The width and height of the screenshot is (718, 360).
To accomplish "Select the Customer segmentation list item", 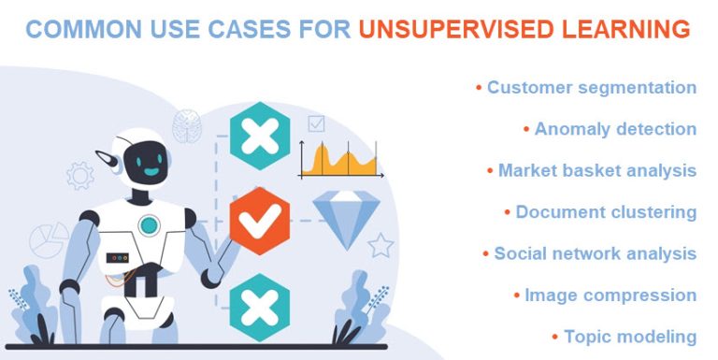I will [592, 87].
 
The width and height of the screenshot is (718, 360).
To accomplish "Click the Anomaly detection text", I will [615, 129].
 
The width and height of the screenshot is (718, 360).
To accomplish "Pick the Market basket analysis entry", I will [596, 170].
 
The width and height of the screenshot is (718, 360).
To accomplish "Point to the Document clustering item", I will [606, 212].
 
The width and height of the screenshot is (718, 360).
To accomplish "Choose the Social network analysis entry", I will [595, 253].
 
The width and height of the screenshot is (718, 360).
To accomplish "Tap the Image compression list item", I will [610, 295].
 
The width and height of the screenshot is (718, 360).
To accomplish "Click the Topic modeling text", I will [630, 336].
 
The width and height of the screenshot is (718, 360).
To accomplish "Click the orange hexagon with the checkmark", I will [259, 222].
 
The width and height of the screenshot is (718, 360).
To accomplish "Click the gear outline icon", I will [80, 175].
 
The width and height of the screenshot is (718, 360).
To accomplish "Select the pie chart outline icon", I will [49, 241].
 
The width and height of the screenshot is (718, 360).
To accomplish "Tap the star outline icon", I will [380, 245].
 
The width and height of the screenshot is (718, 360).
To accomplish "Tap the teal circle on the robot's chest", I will [148, 224].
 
